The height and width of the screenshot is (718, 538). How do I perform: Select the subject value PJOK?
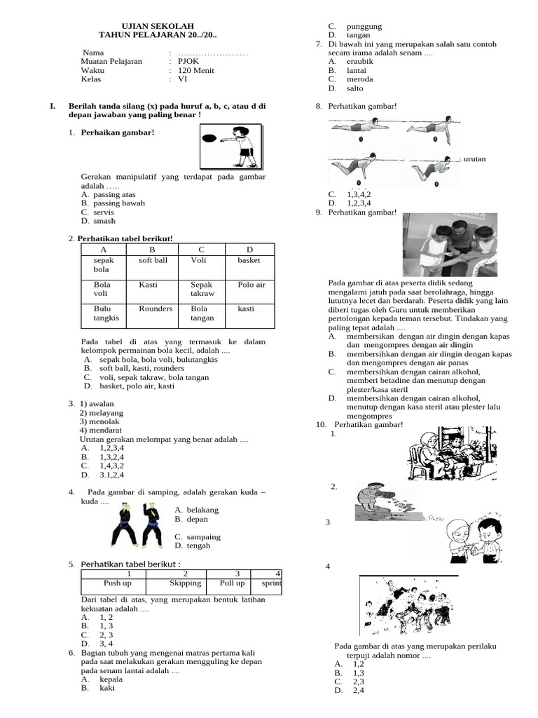pos(189,61)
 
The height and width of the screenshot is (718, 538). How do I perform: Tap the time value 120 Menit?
pos(196,70)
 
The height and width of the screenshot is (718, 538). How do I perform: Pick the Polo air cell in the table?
pos(251,285)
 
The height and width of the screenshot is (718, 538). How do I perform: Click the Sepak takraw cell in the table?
pos(202,290)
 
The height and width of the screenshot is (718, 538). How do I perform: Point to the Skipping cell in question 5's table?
pos(186,583)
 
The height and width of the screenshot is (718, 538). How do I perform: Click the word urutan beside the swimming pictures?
pos(474,159)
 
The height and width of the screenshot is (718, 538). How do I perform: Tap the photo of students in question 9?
pos(450,245)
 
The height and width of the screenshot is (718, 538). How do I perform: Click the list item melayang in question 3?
pos(96,412)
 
